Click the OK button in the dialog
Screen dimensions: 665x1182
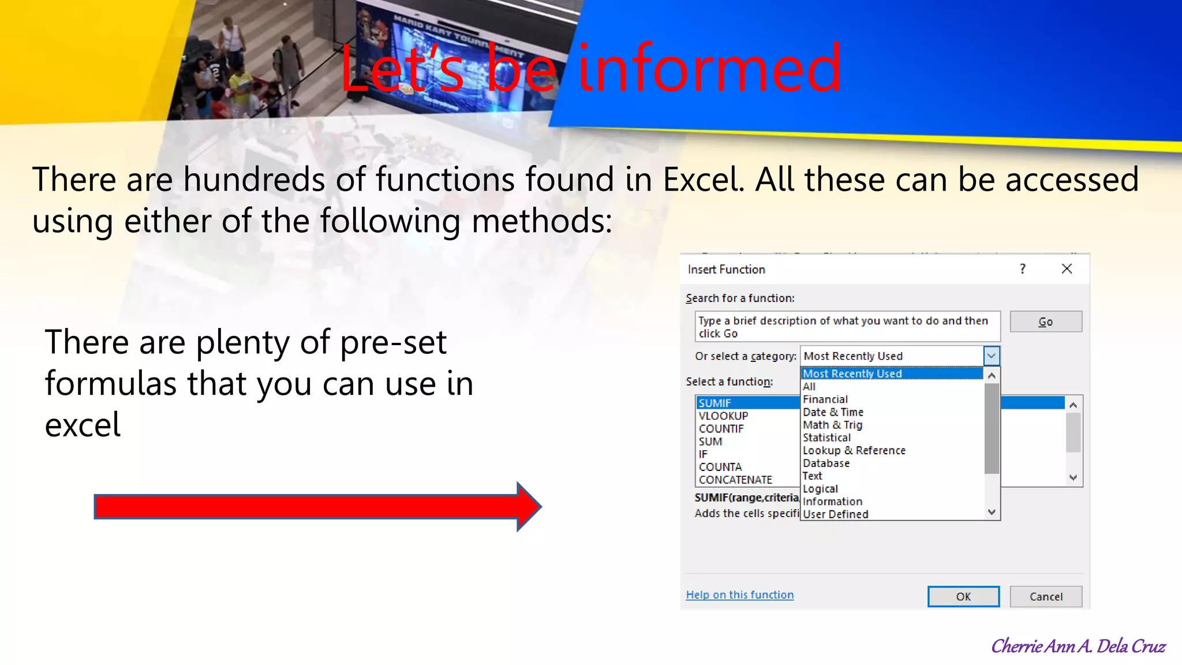pos(963,596)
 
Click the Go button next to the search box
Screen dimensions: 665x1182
pos(1045,322)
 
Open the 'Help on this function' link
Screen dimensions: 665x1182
pos(739,595)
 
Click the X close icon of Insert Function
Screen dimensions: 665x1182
pos(1067,269)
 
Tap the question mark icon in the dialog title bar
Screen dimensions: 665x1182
pos(1023,269)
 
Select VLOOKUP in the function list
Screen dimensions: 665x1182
pos(723,416)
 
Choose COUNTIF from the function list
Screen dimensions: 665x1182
pos(721,428)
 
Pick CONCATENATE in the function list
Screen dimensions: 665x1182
pos(735,480)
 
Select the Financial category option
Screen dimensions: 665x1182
pos(825,399)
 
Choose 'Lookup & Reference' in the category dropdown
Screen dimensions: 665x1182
pos(854,450)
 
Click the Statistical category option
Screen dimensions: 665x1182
pos(826,438)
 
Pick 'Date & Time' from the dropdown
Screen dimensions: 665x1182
pos(833,412)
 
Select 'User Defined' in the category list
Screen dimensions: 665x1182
pos(835,514)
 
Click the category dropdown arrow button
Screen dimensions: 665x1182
pos(991,356)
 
